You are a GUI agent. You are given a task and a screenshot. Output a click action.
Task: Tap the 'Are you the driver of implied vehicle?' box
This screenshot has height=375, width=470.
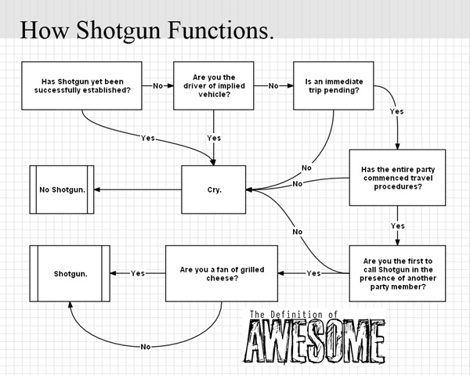click(214, 85)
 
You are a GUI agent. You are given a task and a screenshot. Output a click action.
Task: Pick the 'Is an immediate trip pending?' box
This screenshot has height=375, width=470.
click(332, 85)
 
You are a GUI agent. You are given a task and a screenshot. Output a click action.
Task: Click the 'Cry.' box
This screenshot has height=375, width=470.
click(214, 189)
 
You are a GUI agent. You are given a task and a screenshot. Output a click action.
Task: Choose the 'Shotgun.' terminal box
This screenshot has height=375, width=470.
click(70, 273)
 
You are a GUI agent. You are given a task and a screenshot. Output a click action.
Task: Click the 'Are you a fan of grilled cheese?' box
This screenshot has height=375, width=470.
click(221, 273)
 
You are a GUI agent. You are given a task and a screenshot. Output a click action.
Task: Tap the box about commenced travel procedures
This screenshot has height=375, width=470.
click(397, 177)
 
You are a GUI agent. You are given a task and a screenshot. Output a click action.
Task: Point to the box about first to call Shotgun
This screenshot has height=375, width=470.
click(397, 273)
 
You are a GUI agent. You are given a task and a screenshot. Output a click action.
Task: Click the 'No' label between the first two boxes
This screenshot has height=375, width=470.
click(158, 85)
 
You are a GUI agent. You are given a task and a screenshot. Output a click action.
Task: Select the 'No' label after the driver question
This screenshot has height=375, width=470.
click(273, 85)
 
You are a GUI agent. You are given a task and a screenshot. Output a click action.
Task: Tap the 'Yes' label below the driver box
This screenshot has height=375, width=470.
click(214, 138)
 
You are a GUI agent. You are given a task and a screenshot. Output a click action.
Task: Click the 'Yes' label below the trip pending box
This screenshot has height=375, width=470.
click(397, 112)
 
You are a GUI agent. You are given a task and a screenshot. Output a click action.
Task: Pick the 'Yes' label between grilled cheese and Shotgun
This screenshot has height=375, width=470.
click(138, 273)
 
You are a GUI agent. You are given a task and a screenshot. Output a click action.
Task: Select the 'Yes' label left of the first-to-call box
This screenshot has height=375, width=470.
click(313, 273)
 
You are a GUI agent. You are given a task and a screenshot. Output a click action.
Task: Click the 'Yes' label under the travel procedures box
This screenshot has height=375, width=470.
click(397, 225)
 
